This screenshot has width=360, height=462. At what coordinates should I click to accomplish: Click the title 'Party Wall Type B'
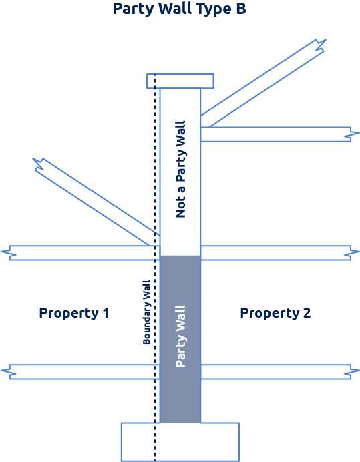tap(179, 9)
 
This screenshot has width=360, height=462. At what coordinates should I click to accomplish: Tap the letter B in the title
tap(241, 8)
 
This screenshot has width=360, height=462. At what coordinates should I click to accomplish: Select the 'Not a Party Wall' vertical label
tap(180, 169)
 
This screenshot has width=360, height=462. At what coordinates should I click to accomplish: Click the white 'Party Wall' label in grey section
tap(180, 336)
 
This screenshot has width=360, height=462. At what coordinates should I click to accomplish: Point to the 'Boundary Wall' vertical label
tap(146, 312)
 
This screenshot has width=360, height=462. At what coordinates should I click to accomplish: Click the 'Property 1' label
tap(74, 314)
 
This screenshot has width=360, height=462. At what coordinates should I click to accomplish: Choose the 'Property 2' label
tap(275, 314)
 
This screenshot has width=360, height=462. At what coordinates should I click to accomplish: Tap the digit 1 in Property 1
tap(106, 313)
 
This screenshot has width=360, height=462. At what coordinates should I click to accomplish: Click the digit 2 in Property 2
tap(307, 313)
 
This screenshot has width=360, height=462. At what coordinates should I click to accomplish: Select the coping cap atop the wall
tap(180, 81)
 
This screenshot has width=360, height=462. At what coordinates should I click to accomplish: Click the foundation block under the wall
tap(180, 442)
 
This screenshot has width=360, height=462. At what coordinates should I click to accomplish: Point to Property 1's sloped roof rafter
tap(96, 202)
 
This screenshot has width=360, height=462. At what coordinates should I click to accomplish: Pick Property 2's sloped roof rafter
tap(263, 83)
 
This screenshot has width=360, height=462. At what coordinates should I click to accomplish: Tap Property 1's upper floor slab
tap(80, 253)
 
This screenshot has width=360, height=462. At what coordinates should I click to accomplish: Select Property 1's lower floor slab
tap(80, 372)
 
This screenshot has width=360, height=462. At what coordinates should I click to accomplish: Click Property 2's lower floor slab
tap(280, 372)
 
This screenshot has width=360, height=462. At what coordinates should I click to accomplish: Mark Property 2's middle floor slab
tap(280, 253)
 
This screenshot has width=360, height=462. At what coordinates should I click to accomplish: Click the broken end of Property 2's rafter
tap(320, 45)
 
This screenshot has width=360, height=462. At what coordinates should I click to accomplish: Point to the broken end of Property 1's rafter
tap(39, 164)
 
